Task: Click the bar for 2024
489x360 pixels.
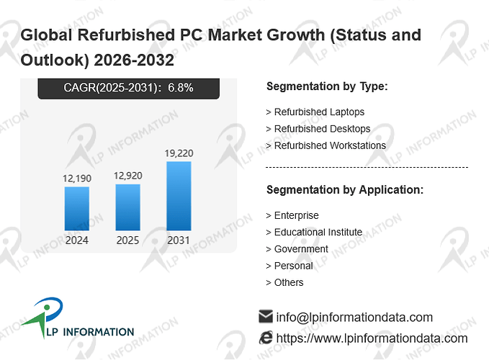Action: click(77, 209)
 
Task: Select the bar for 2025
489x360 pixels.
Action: click(128, 207)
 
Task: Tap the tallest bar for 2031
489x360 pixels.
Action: click(179, 196)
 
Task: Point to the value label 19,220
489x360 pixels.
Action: click(179, 153)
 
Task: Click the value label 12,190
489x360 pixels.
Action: click(77, 179)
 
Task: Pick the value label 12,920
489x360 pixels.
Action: click(128, 176)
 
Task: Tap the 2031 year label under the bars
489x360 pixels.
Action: click(179, 240)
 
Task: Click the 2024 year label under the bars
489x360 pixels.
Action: click(77, 240)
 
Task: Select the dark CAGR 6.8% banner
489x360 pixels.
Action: click(128, 89)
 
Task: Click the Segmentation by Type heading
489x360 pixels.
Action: click(327, 86)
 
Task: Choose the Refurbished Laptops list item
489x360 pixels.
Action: click(315, 112)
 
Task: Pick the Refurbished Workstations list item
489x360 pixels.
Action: click(326, 145)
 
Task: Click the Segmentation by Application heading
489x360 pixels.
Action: click(345, 190)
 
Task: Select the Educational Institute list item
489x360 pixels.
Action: click(314, 233)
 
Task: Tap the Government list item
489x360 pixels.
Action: click(297, 249)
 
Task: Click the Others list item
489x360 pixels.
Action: click(284, 282)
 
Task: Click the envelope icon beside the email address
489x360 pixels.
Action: click(266, 316)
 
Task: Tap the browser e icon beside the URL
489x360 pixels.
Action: click(266, 338)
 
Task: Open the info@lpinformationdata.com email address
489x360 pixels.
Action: click(354, 318)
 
